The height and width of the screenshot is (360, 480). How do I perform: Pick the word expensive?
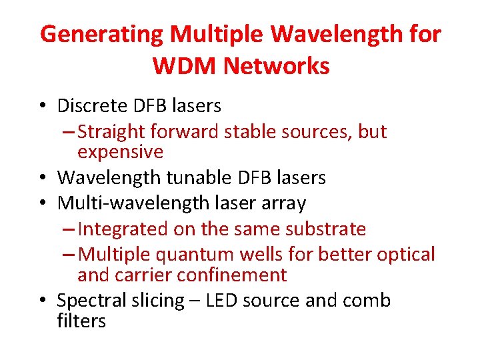pyautogui.click(x=120, y=152)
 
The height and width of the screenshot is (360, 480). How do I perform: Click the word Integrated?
pyautogui.click(x=123, y=229)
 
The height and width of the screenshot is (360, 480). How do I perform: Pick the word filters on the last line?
pyautogui.click(x=81, y=321)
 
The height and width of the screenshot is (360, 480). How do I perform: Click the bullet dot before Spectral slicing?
pyautogui.click(x=43, y=301)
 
